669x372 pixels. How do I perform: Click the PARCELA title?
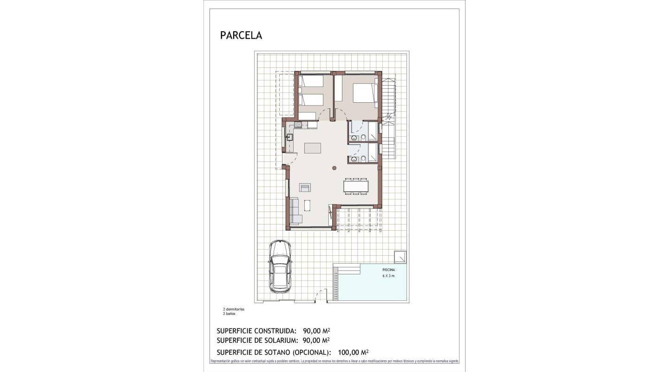(x=241, y=35)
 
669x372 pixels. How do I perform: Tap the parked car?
(x=280, y=266)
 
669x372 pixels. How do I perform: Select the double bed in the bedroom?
(x=364, y=93)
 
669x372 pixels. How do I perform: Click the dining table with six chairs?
(x=356, y=186)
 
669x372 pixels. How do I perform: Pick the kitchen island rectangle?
(x=313, y=148)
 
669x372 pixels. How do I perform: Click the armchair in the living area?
(x=305, y=187)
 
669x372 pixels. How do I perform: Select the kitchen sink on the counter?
(x=289, y=137)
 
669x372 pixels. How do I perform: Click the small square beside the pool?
(x=400, y=257)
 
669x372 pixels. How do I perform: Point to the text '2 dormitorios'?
(x=234, y=309)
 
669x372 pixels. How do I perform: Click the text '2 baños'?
(x=229, y=314)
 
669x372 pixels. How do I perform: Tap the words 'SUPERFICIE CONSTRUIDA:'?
(x=256, y=331)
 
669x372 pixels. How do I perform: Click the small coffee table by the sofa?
(x=307, y=205)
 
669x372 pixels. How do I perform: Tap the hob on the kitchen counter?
(x=298, y=125)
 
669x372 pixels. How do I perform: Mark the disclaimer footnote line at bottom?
(x=334, y=361)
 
